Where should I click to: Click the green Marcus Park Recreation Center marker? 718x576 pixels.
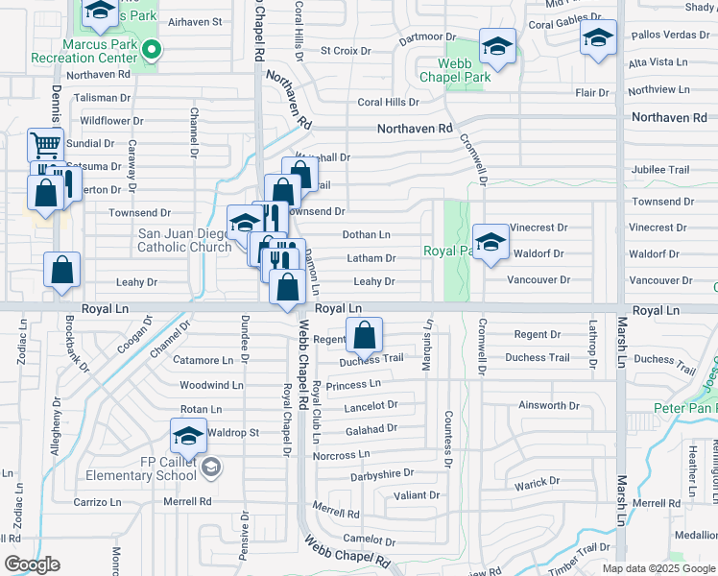point(150,51)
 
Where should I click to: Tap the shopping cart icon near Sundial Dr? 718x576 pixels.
point(45,146)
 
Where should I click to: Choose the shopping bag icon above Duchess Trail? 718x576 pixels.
point(364,336)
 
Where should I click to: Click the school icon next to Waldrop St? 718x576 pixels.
point(188,436)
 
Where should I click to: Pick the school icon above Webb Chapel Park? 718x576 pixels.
point(497,45)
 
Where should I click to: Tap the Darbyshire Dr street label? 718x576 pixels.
point(381,473)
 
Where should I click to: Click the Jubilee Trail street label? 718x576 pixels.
point(659,170)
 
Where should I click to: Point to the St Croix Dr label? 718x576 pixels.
point(345,50)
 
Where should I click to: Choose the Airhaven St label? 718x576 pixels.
point(195,21)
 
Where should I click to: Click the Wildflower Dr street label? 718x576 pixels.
point(111,121)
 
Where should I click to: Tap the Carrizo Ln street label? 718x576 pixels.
point(98,501)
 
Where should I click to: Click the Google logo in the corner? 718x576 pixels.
point(32,564)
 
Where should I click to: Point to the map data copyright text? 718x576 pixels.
point(658,568)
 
